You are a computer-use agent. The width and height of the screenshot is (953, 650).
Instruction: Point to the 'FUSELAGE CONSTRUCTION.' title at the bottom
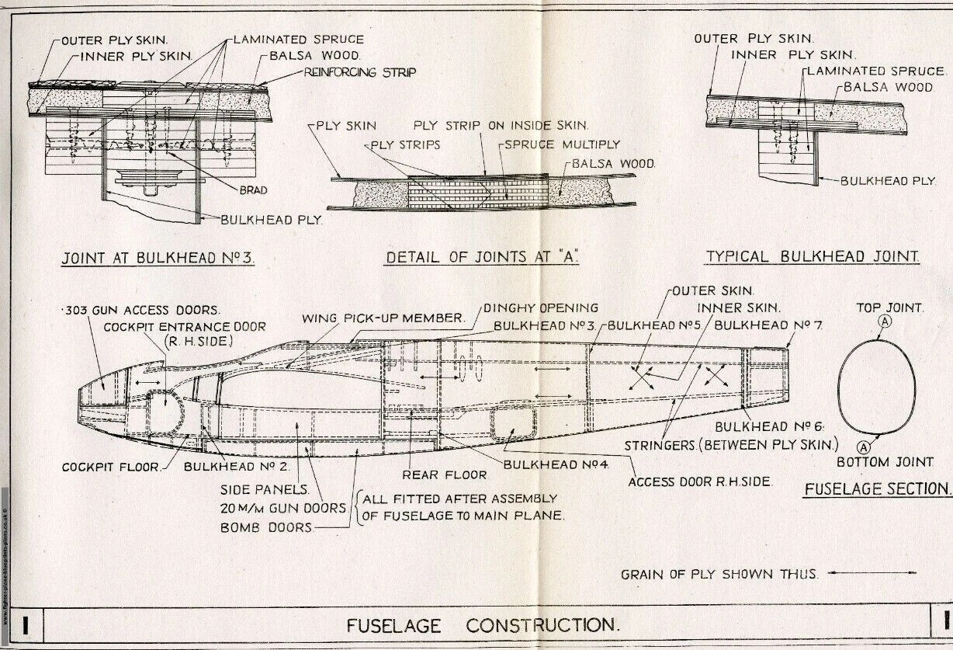pyautogui.click(x=483, y=625)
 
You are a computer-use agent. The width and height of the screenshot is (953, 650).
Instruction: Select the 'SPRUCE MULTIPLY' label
pyautogui.click(x=562, y=144)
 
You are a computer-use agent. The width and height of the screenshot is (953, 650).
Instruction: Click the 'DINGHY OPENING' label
pyautogui.click(x=540, y=308)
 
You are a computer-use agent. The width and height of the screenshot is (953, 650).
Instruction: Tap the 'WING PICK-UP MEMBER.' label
pyautogui.click(x=383, y=318)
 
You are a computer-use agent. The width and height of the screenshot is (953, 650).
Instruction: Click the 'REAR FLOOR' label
pyautogui.click(x=444, y=474)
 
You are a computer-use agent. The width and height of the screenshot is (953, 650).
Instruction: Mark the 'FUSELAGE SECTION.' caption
pyautogui.click(x=877, y=489)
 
